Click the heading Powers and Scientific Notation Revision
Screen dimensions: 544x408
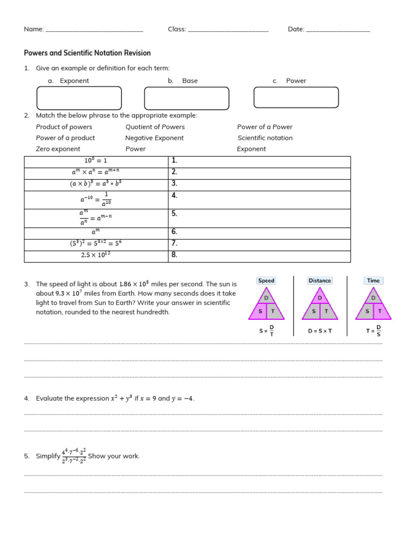(88, 53)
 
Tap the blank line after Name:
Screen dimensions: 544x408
(94, 30)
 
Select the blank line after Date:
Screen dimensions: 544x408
(338, 30)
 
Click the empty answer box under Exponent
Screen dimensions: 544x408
(79, 98)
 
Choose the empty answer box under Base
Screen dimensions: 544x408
(186, 98)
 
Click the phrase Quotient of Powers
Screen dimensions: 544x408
(155, 127)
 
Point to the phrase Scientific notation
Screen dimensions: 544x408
(265, 138)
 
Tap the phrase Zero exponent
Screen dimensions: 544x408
(58, 149)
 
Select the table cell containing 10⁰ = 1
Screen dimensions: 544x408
(96, 161)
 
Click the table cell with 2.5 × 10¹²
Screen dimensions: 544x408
(96, 256)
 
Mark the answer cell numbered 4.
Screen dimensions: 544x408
(259, 200)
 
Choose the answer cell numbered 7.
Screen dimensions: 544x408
(259, 244)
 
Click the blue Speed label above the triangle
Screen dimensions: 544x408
(266, 280)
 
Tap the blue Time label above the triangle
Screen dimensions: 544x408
(373, 280)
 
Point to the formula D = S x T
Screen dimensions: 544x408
(320, 331)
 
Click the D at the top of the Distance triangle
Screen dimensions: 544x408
(320, 298)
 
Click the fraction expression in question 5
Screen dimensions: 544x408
(74, 456)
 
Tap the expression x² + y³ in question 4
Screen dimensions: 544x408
(121, 398)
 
